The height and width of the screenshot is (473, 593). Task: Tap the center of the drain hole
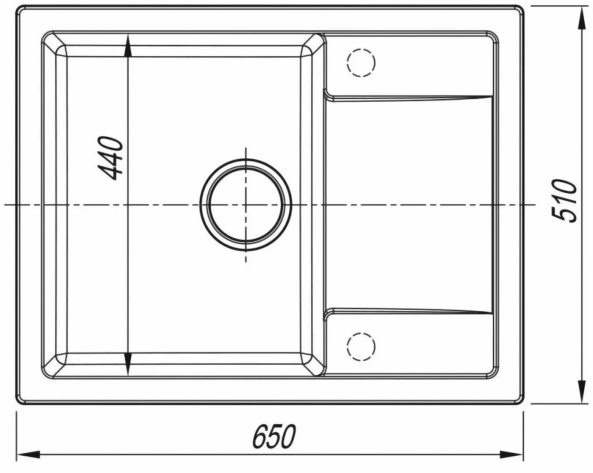246,205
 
